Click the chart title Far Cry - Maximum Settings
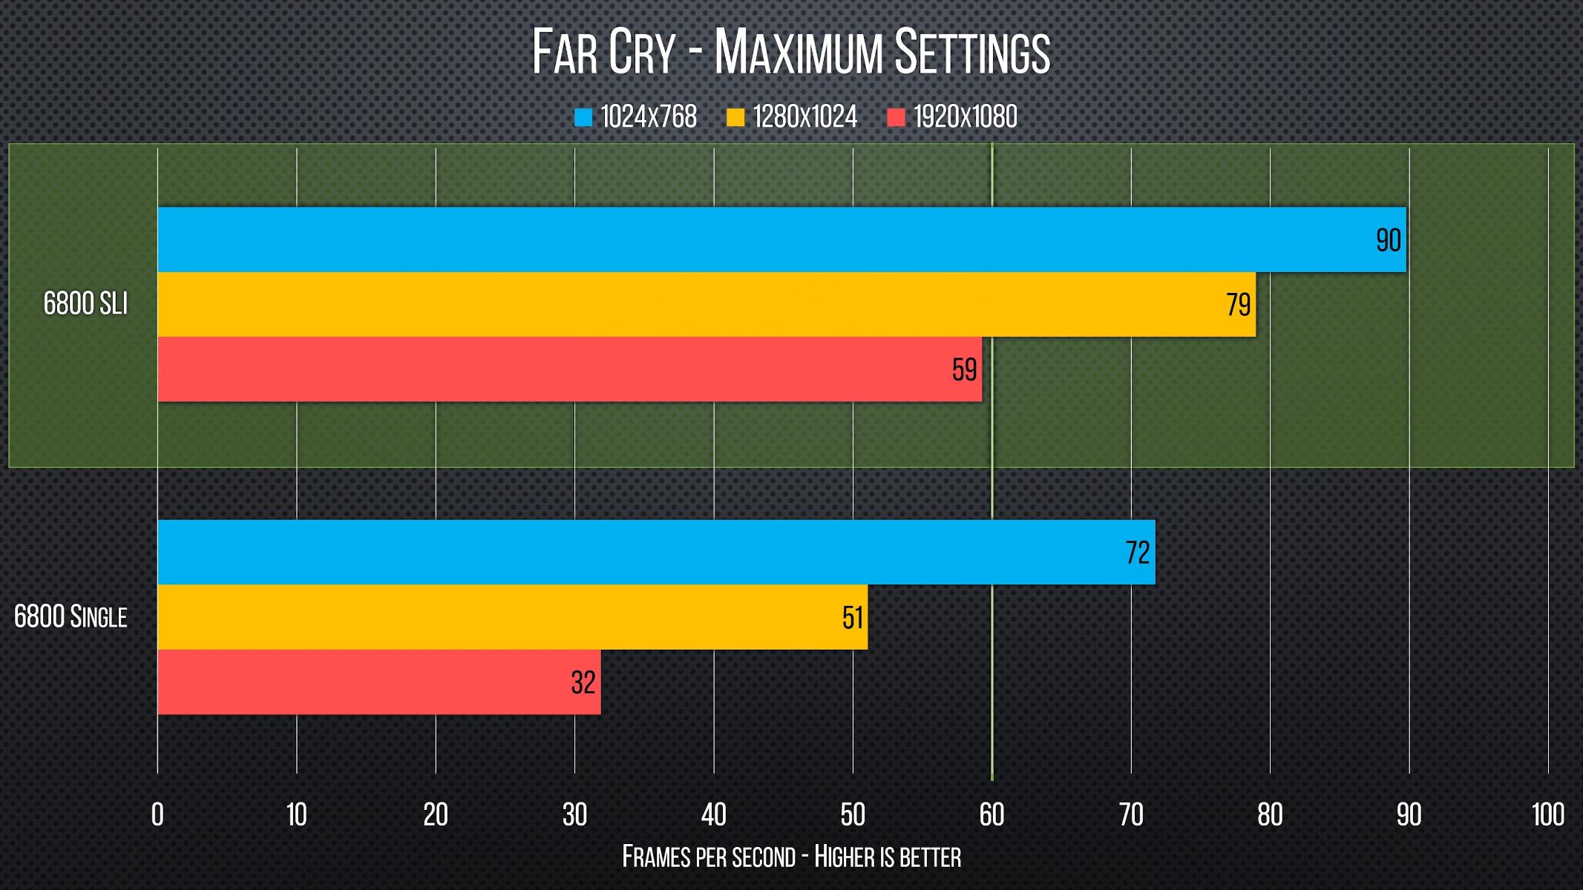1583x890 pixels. [791, 52]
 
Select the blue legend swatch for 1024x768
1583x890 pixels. [583, 117]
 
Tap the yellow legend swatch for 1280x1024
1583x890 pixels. [735, 117]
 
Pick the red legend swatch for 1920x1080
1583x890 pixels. [896, 117]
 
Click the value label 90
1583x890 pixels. [1388, 240]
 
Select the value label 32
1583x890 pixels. [583, 683]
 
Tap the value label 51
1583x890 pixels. [853, 618]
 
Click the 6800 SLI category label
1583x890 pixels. [85, 304]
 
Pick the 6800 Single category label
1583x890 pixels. [71, 617]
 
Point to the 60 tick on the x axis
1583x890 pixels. [992, 815]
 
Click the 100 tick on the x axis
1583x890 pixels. [1548, 815]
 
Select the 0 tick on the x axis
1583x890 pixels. [157, 815]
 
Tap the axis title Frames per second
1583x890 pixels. [791, 857]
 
